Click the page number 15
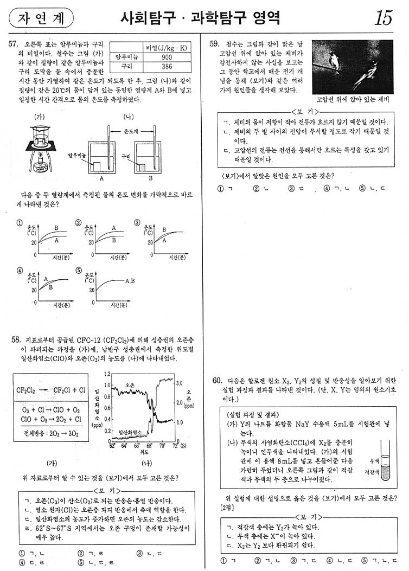[x=383, y=18]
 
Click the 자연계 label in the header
[x=41, y=18]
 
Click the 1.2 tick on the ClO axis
[x=107, y=374]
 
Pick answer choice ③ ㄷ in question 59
[x=295, y=189]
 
